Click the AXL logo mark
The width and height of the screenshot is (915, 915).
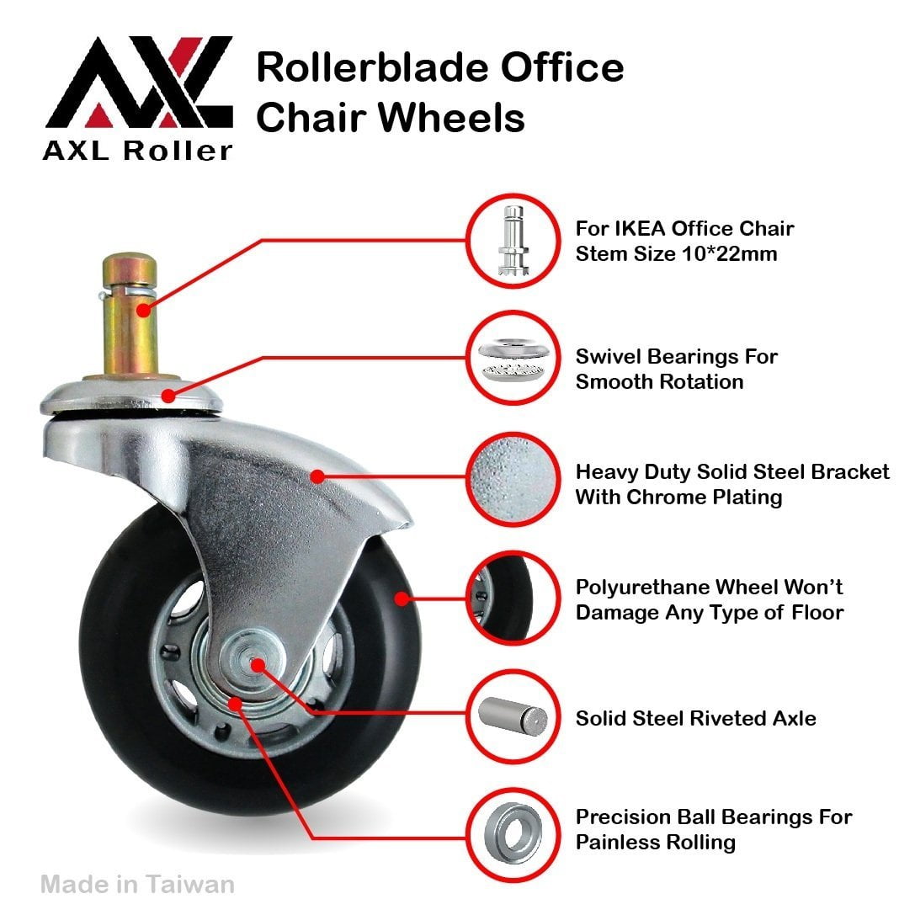(140, 82)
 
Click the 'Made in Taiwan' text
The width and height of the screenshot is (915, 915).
(138, 884)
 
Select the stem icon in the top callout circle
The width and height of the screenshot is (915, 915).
(513, 241)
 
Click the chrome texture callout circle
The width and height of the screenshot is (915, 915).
(513, 479)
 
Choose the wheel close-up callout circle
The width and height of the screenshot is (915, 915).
(513, 598)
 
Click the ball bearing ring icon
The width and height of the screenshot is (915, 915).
(513, 833)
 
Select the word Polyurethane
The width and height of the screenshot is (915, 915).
(642, 588)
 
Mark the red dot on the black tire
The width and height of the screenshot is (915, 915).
(402, 598)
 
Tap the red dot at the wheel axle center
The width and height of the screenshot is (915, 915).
(258, 665)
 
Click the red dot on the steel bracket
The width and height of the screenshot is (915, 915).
(317, 476)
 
